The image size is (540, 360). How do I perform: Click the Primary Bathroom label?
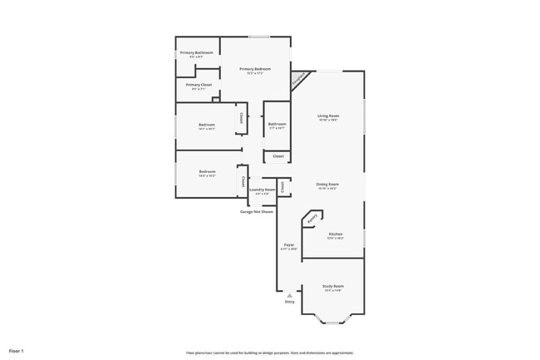(x=196, y=53)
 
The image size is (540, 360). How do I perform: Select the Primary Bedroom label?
(x=255, y=69)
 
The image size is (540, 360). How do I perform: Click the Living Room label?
(x=328, y=116)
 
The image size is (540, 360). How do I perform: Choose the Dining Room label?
(x=327, y=184)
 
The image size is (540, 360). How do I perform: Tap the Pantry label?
(x=313, y=219)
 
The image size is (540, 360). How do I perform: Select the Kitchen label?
(x=335, y=235)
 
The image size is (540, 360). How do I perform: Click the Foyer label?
(x=289, y=245)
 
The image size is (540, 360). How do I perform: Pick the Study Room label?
(x=332, y=286)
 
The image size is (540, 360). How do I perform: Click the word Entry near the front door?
(x=289, y=302)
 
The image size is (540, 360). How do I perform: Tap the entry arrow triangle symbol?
(x=289, y=295)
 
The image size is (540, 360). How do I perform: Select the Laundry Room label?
(x=263, y=190)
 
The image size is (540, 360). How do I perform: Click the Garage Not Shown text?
(x=256, y=211)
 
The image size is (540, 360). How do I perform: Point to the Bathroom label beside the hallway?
(x=277, y=125)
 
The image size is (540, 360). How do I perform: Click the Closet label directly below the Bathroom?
(x=277, y=156)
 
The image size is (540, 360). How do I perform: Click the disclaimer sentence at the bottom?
(x=269, y=352)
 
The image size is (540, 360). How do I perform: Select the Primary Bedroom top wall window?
(x=259, y=37)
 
